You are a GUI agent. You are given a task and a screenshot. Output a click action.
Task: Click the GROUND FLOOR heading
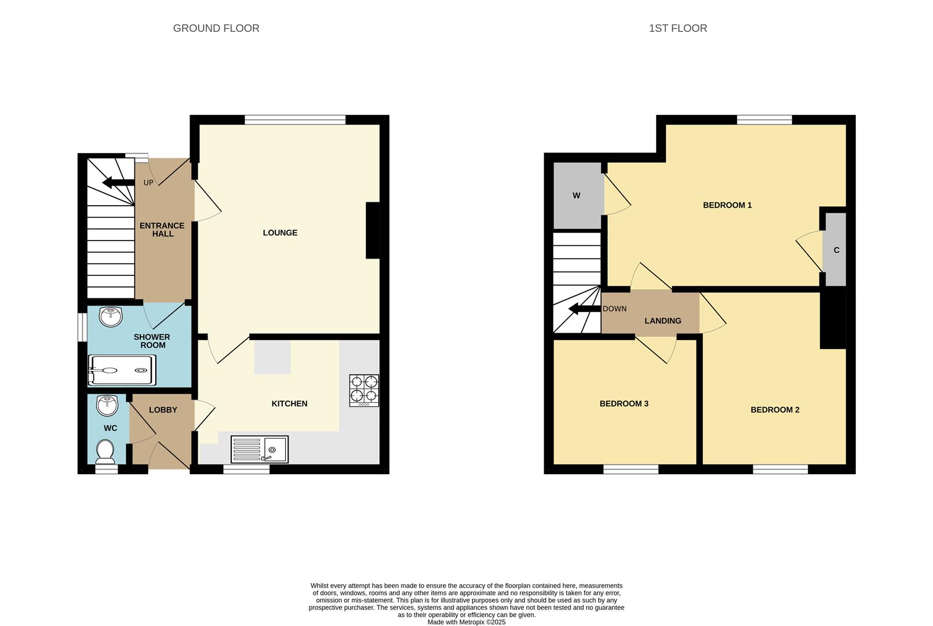216,28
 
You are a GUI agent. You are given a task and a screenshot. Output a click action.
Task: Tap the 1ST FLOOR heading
677,28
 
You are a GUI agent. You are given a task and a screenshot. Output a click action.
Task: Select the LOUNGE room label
280,233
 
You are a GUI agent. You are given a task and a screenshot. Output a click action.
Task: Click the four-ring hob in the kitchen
365,390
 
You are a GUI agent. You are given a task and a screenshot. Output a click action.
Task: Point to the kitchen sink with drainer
260,449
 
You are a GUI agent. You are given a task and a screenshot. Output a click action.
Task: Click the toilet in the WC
105,452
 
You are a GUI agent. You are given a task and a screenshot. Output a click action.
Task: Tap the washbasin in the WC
107,406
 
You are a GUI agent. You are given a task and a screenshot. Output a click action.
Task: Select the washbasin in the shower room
111,317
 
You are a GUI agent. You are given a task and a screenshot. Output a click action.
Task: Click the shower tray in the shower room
122,370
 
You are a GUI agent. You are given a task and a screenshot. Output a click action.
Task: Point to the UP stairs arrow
118,183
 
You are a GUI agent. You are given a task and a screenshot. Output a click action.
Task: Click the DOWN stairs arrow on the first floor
585,308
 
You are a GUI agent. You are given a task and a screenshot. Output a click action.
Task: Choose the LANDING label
663,321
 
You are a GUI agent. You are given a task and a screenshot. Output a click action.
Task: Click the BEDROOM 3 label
624,403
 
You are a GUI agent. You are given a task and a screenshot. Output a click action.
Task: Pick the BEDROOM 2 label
775,410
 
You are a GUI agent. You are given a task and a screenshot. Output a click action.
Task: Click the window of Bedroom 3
631,469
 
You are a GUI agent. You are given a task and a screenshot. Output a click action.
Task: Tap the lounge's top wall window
295,120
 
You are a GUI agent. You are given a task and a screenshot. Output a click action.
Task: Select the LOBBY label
163,410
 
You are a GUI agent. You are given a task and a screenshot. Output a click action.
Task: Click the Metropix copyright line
466,623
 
